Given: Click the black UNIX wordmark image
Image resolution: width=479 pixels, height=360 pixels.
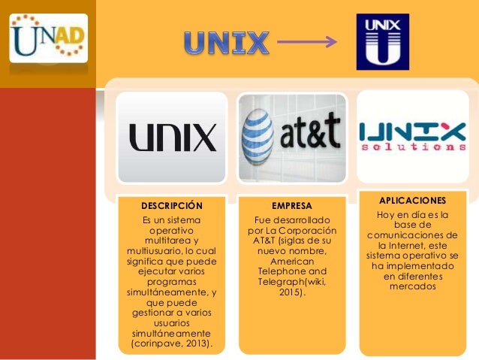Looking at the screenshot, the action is [x=172, y=138].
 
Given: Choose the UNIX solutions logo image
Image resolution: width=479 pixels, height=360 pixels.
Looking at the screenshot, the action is [x=412, y=138].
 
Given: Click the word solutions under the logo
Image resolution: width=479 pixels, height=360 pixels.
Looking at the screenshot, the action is [x=412, y=148].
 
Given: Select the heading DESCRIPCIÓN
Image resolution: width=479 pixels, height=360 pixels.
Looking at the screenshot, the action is [x=172, y=205].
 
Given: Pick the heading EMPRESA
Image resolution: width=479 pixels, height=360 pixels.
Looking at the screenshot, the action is [x=291, y=205].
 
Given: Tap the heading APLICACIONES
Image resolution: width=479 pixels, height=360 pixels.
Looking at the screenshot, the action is [x=412, y=201].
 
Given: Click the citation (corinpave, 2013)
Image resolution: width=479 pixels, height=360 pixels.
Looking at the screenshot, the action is [x=172, y=344].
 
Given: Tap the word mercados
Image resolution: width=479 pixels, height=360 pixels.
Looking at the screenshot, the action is [x=412, y=286].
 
